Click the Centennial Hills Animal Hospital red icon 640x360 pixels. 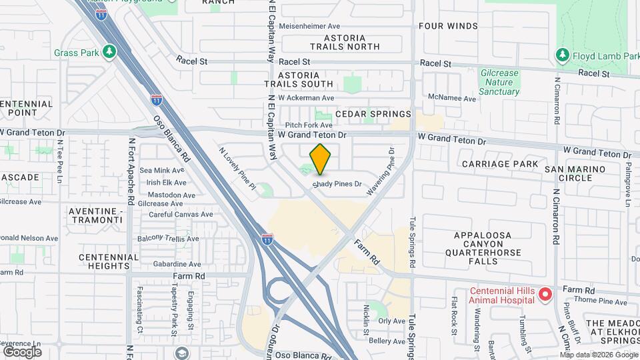click(545, 293)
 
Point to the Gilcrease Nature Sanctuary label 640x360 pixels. click(499, 81)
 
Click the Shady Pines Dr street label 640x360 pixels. click(337, 184)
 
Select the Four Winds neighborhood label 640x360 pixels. click(448, 26)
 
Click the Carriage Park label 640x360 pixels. click(499, 164)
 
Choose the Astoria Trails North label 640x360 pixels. click(345, 42)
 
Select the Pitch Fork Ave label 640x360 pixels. click(309, 125)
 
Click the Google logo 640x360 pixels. click(22, 351)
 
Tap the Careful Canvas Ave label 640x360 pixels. click(180, 215)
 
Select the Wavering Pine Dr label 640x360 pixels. click(381, 171)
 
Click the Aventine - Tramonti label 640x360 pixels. click(95, 215)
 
